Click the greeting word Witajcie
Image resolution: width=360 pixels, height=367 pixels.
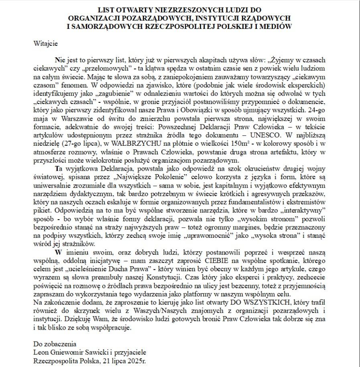[46, 42]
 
